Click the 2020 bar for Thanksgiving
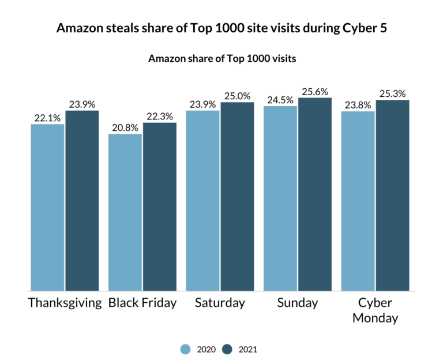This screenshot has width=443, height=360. pos(48,208)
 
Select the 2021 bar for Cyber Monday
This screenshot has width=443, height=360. pos(392,196)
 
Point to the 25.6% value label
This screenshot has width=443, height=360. pos(315,92)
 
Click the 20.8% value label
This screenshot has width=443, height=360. pos(125,128)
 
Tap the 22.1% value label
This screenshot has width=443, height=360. pos(47,118)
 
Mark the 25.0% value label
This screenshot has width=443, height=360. pos(237,96)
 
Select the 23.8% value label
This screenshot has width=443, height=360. pos(358,106)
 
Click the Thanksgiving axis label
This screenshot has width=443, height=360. pos(65,303)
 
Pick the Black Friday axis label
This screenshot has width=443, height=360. pos(142,303)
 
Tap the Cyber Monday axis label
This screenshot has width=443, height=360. pos(375,310)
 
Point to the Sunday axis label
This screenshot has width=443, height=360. pos(297,303)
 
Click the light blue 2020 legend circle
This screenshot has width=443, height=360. pos(185,348)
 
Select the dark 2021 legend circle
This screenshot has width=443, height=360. pos(227,348)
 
